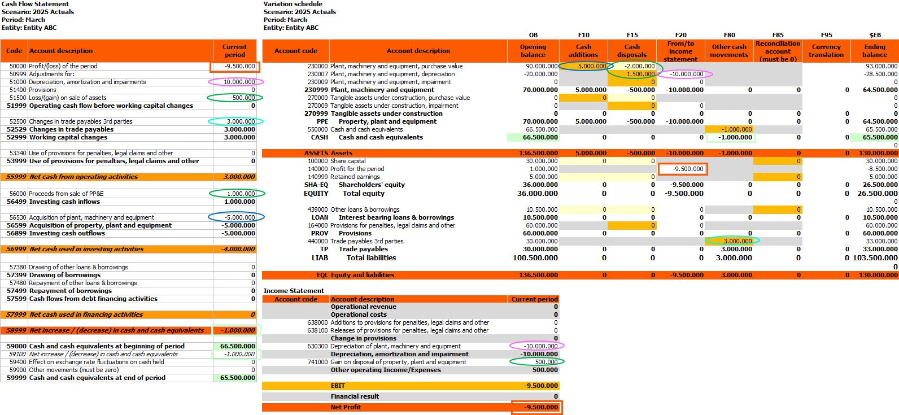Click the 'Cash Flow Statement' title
pyautogui.click(x=35, y=4)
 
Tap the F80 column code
pyautogui.click(x=729, y=35)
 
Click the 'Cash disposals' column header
pyautogui.click(x=632, y=51)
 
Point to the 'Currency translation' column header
pyautogui.click(x=826, y=51)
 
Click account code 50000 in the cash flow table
pyautogui.click(x=18, y=66)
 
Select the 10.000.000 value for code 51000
pyautogui.click(x=239, y=82)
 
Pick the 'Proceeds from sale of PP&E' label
pyautogui.click(x=66, y=194)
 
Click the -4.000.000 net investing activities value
pyautogui.click(x=239, y=249)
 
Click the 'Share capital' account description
pyautogui.click(x=348, y=161)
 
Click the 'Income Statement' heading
pyautogui.click(x=294, y=291)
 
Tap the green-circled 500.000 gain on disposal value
pyautogui.click(x=546, y=362)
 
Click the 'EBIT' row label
pyautogui.click(x=338, y=386)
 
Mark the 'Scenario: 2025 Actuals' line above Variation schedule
pyautogui.click(x=299, y=12)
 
